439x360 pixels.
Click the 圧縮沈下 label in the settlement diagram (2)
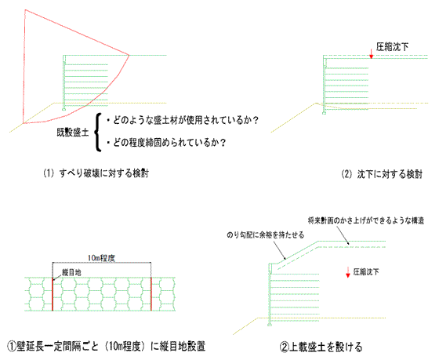392,47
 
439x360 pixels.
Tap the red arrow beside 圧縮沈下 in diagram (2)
372,54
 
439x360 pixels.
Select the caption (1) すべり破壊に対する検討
96,173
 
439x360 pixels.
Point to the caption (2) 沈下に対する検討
382,174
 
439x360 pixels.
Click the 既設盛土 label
73,133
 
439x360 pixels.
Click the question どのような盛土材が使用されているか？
182,120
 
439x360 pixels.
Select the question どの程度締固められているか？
166,143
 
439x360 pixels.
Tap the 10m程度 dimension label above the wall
101,258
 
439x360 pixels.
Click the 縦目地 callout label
71,272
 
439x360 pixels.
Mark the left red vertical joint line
53,294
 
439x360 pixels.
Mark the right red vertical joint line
151,294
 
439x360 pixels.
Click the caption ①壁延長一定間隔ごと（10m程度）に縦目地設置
106,346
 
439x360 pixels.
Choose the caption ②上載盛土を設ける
321,347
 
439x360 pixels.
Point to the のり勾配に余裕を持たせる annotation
266,235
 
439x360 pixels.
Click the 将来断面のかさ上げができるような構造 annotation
366,220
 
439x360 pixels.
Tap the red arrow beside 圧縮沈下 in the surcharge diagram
348,272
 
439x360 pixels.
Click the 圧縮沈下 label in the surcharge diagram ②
366,271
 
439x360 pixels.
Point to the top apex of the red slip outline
25,10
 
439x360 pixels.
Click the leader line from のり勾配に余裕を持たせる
279,249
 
